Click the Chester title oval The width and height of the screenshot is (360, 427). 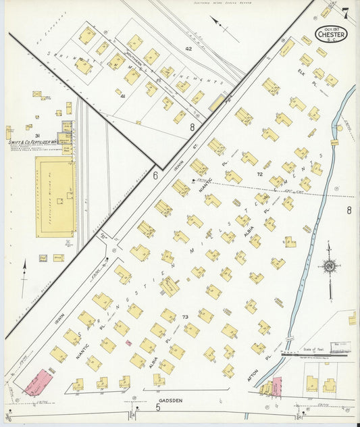pos(331,34)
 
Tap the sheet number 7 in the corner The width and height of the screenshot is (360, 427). pos(345,13)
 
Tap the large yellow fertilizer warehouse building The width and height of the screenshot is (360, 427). pos(55,197)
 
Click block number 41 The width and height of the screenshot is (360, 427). pos(123,97)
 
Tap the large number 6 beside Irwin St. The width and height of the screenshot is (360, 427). pos(155,175)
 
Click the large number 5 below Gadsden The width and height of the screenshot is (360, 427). pos(158,407)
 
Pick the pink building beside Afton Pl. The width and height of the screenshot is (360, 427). pos(276,386)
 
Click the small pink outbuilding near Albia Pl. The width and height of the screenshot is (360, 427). pos(128,343)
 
